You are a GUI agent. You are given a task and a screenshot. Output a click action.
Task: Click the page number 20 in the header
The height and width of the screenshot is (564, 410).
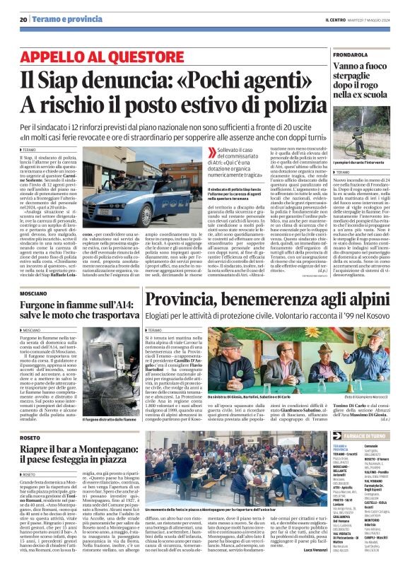click(23, 19)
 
